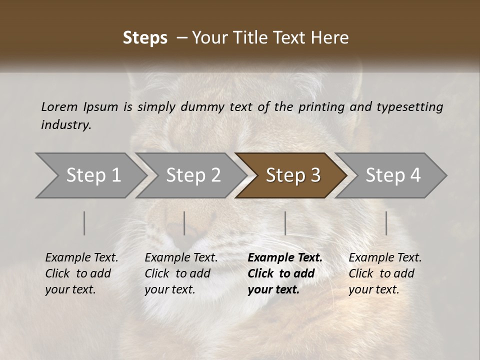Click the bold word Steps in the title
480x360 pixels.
[145, 38]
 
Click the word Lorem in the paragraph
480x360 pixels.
[59, 106]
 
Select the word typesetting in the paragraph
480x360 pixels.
[409, 106]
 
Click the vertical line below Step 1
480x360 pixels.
[84, 223]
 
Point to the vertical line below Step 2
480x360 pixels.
[184, 223]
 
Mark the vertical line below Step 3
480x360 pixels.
[285, 223]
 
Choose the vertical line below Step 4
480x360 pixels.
[386, 223]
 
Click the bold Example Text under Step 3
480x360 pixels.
[285, 257]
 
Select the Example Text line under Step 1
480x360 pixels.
[81, 257]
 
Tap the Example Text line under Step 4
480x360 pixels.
[385, 257]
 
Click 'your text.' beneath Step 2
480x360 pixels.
[169, 289]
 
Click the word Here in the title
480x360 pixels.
[330, 38]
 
